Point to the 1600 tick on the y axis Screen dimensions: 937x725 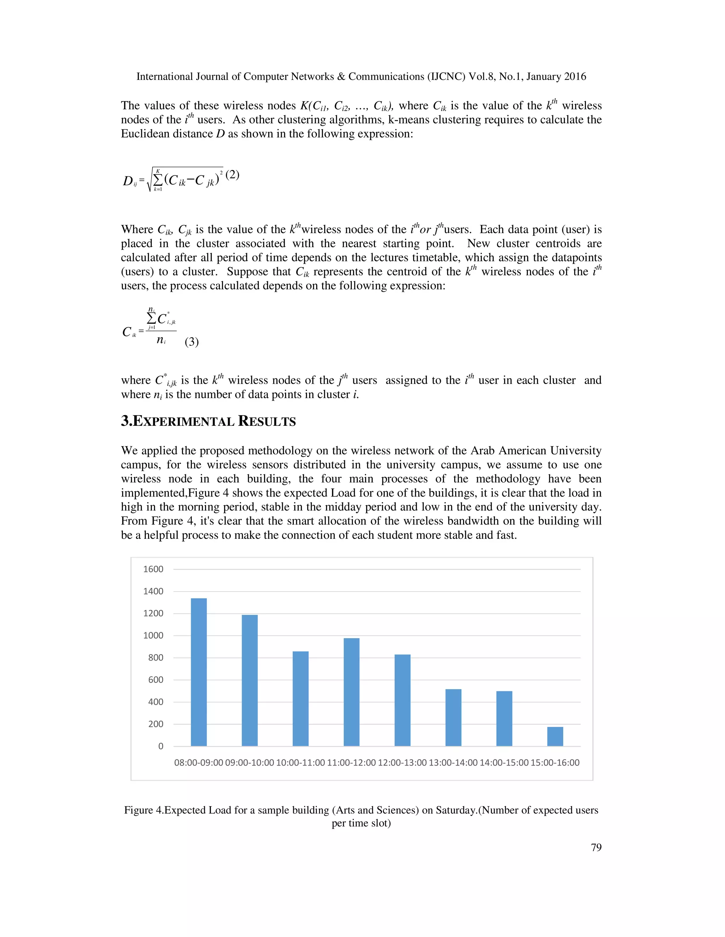point(153,569)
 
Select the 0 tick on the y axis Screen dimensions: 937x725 point(161,746)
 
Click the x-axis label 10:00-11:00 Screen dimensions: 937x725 point(300,763)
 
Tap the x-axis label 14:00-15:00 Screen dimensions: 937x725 point(504,763)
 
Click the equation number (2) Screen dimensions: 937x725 point(232,175)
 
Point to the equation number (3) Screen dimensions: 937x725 point(192,342)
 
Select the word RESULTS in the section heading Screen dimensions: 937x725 point(267,421)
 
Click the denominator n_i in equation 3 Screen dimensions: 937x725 point(161,340)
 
